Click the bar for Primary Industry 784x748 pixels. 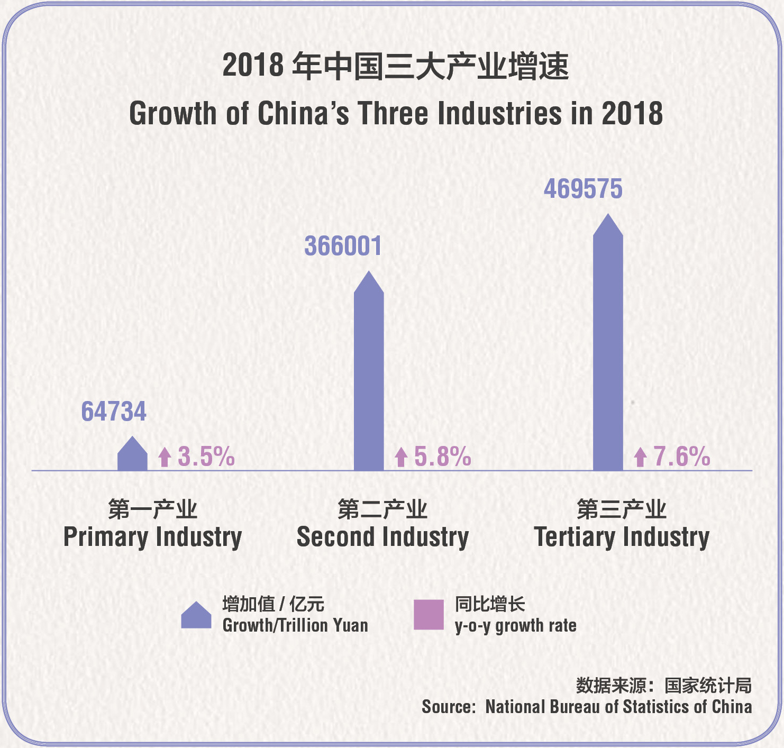click(x=132, y=455)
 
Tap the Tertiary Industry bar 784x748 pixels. click(x=608, y=344)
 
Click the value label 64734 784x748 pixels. click(x=114, y=412)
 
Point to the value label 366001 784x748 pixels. click(x=343, y=247)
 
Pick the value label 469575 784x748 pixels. click(x=583, y=189)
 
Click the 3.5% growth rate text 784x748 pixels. click(x=206, y=457)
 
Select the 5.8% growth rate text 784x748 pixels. click(x=442, y=457)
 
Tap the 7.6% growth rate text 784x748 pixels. click(x=681, y=457)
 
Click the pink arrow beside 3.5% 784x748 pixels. click(x=165, y=457)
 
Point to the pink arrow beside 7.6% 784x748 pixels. click(x=641, y=457)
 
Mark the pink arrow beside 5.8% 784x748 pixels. click(x=401, y=457)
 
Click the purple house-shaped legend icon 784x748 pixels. click(x=196, y=616)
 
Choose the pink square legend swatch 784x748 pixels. click(x=429, y=615)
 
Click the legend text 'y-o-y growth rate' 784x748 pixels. click(x=515, y=626)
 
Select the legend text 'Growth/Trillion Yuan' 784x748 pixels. click(x=295, y=625)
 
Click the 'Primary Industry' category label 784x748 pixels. click(x=152, y=537)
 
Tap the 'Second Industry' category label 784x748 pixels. click(x=382, y=537)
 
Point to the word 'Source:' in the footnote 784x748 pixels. click(x=449, y=707)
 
